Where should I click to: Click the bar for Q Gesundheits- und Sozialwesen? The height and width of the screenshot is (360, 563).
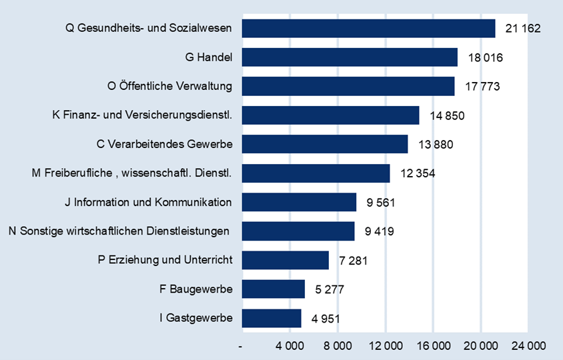click(368, 29)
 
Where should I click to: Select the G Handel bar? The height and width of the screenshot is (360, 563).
click(350, 57)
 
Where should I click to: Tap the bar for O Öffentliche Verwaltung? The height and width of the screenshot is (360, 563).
click(348, 86)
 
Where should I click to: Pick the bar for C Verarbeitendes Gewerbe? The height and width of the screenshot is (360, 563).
click(325, 144)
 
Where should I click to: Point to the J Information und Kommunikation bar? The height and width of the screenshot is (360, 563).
click(299, 202)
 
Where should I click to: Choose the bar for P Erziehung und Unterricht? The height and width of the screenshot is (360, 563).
click(286, 260)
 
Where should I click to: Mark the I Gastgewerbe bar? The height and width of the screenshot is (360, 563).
click(271, 318)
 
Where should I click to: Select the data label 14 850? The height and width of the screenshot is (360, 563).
click(447, 115)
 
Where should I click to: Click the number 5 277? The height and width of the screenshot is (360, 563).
click(328, 289)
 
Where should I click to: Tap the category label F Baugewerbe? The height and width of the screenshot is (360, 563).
click(196, 289)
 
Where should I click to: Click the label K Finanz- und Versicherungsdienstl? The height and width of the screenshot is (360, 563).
click(142, 115)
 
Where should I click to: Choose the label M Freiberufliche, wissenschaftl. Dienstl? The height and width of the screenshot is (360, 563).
click(131, 173)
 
